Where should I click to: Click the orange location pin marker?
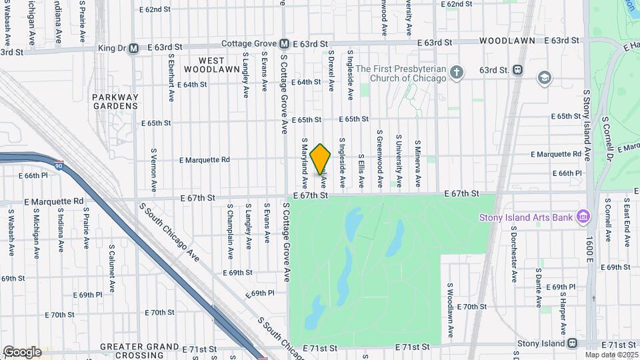[x=321, y=159]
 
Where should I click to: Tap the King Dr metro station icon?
[x=134, y=47]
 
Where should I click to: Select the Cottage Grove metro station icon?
[x=284, y=43]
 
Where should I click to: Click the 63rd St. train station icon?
[x=517, y=70]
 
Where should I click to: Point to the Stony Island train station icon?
[x=572, y=343]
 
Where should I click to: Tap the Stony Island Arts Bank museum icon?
[x=583, y=217]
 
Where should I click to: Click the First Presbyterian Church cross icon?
[x=456, y=72]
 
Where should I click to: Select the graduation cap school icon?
[x=545, y=77]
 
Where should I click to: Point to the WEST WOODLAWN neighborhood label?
[x=211, y=65]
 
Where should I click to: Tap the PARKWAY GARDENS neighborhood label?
[x=115, y=101]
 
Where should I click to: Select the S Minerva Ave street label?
[x=419, y=163]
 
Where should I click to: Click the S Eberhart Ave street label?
[x=171, y=77]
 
